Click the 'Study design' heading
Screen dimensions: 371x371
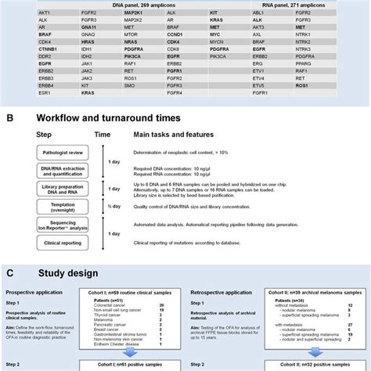pos(67,273)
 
